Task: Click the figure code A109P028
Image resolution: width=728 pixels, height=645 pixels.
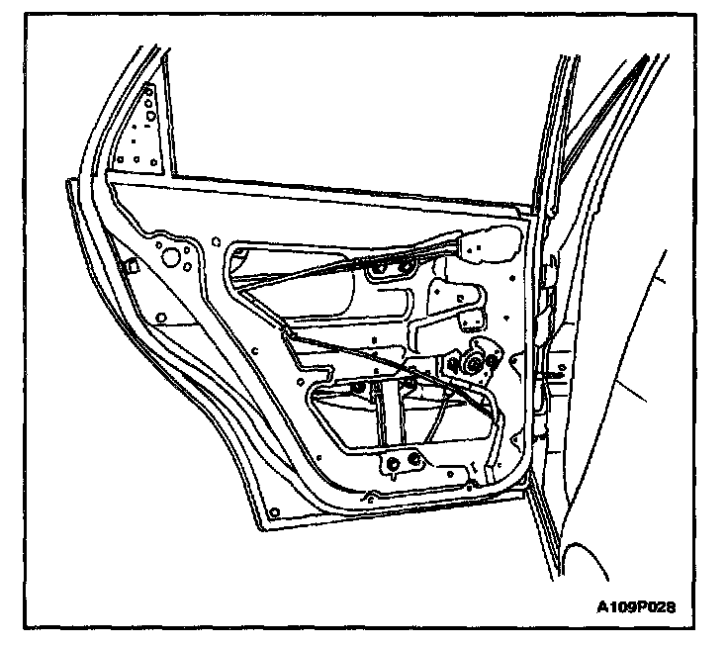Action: (x=637, y=605)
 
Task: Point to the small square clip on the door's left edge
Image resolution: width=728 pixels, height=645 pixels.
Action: (x=129, y=266)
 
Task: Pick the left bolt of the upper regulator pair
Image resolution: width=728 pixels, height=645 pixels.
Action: (x=380, y=267)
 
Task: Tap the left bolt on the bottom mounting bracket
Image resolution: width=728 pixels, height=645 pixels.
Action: (x=394, y=462)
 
